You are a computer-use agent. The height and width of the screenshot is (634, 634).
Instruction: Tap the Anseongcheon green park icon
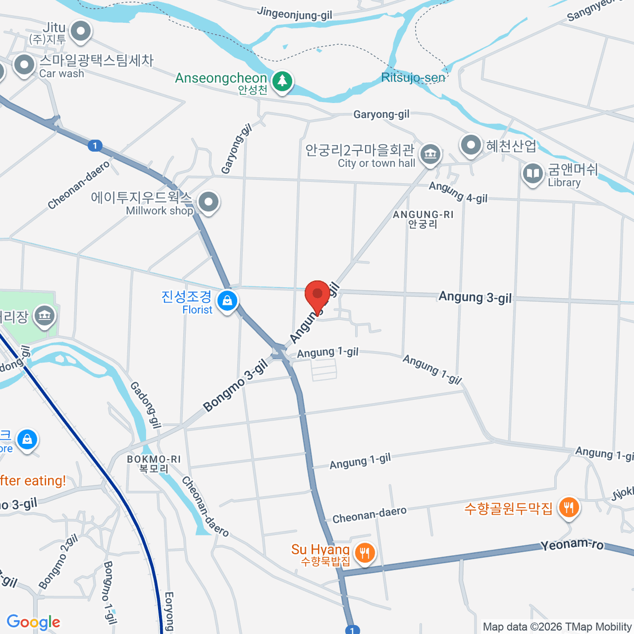[x=283, y=81]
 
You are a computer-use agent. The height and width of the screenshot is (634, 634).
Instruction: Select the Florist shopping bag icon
[x=227, y=301]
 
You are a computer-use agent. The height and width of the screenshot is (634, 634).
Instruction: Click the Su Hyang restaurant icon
[x=365, y=554]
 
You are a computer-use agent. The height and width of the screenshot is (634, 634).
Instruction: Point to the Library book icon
[x=533, y=173]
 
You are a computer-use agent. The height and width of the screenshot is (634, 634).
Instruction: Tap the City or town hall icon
[x=431, y=154]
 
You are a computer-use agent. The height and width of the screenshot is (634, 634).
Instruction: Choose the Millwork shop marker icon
[x=209, y=202]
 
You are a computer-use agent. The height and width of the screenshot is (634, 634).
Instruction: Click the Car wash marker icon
[x=24, y=66]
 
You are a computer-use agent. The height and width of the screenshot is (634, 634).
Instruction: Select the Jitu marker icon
[x=81, y=31]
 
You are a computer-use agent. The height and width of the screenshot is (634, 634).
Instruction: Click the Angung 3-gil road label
[x=475, y=297]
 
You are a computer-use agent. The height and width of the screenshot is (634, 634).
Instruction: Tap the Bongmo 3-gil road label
[x=236, y=386]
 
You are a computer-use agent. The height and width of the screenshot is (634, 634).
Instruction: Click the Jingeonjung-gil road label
[x=295, y=13]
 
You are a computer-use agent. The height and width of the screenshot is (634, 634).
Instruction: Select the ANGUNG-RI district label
[x=423, y=219]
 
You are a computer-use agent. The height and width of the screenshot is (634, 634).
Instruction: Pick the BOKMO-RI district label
[x=154, y=463]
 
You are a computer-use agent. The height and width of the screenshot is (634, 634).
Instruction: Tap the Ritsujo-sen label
[x=413, y=78]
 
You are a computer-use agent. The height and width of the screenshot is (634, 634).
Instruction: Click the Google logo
[x=33, y=622]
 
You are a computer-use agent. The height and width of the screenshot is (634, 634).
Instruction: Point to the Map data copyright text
[x=557, y=627]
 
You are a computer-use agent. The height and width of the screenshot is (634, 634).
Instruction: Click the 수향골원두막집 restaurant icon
[x=568, y=508]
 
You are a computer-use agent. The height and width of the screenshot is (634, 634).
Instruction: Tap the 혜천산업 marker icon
[x=471, y=145]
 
